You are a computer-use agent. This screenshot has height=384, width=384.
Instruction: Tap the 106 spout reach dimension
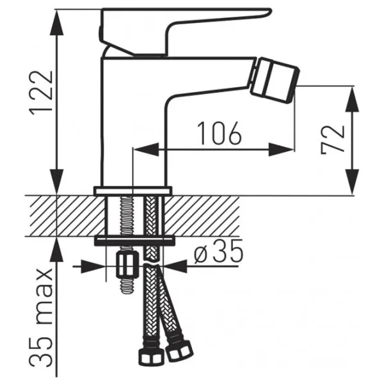pyautogui.click(x=220, y=132)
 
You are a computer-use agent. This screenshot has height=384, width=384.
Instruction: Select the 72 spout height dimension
pyautogui.click(x=333, y=140)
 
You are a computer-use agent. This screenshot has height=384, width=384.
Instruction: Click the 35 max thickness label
pyautogui.click(x=41, y=318)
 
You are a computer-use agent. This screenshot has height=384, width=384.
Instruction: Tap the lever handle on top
pyautogui.click(x=186, y=32)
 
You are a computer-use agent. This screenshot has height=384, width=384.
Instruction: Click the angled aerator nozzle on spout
pyautogui.click(x=275, y=80)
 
